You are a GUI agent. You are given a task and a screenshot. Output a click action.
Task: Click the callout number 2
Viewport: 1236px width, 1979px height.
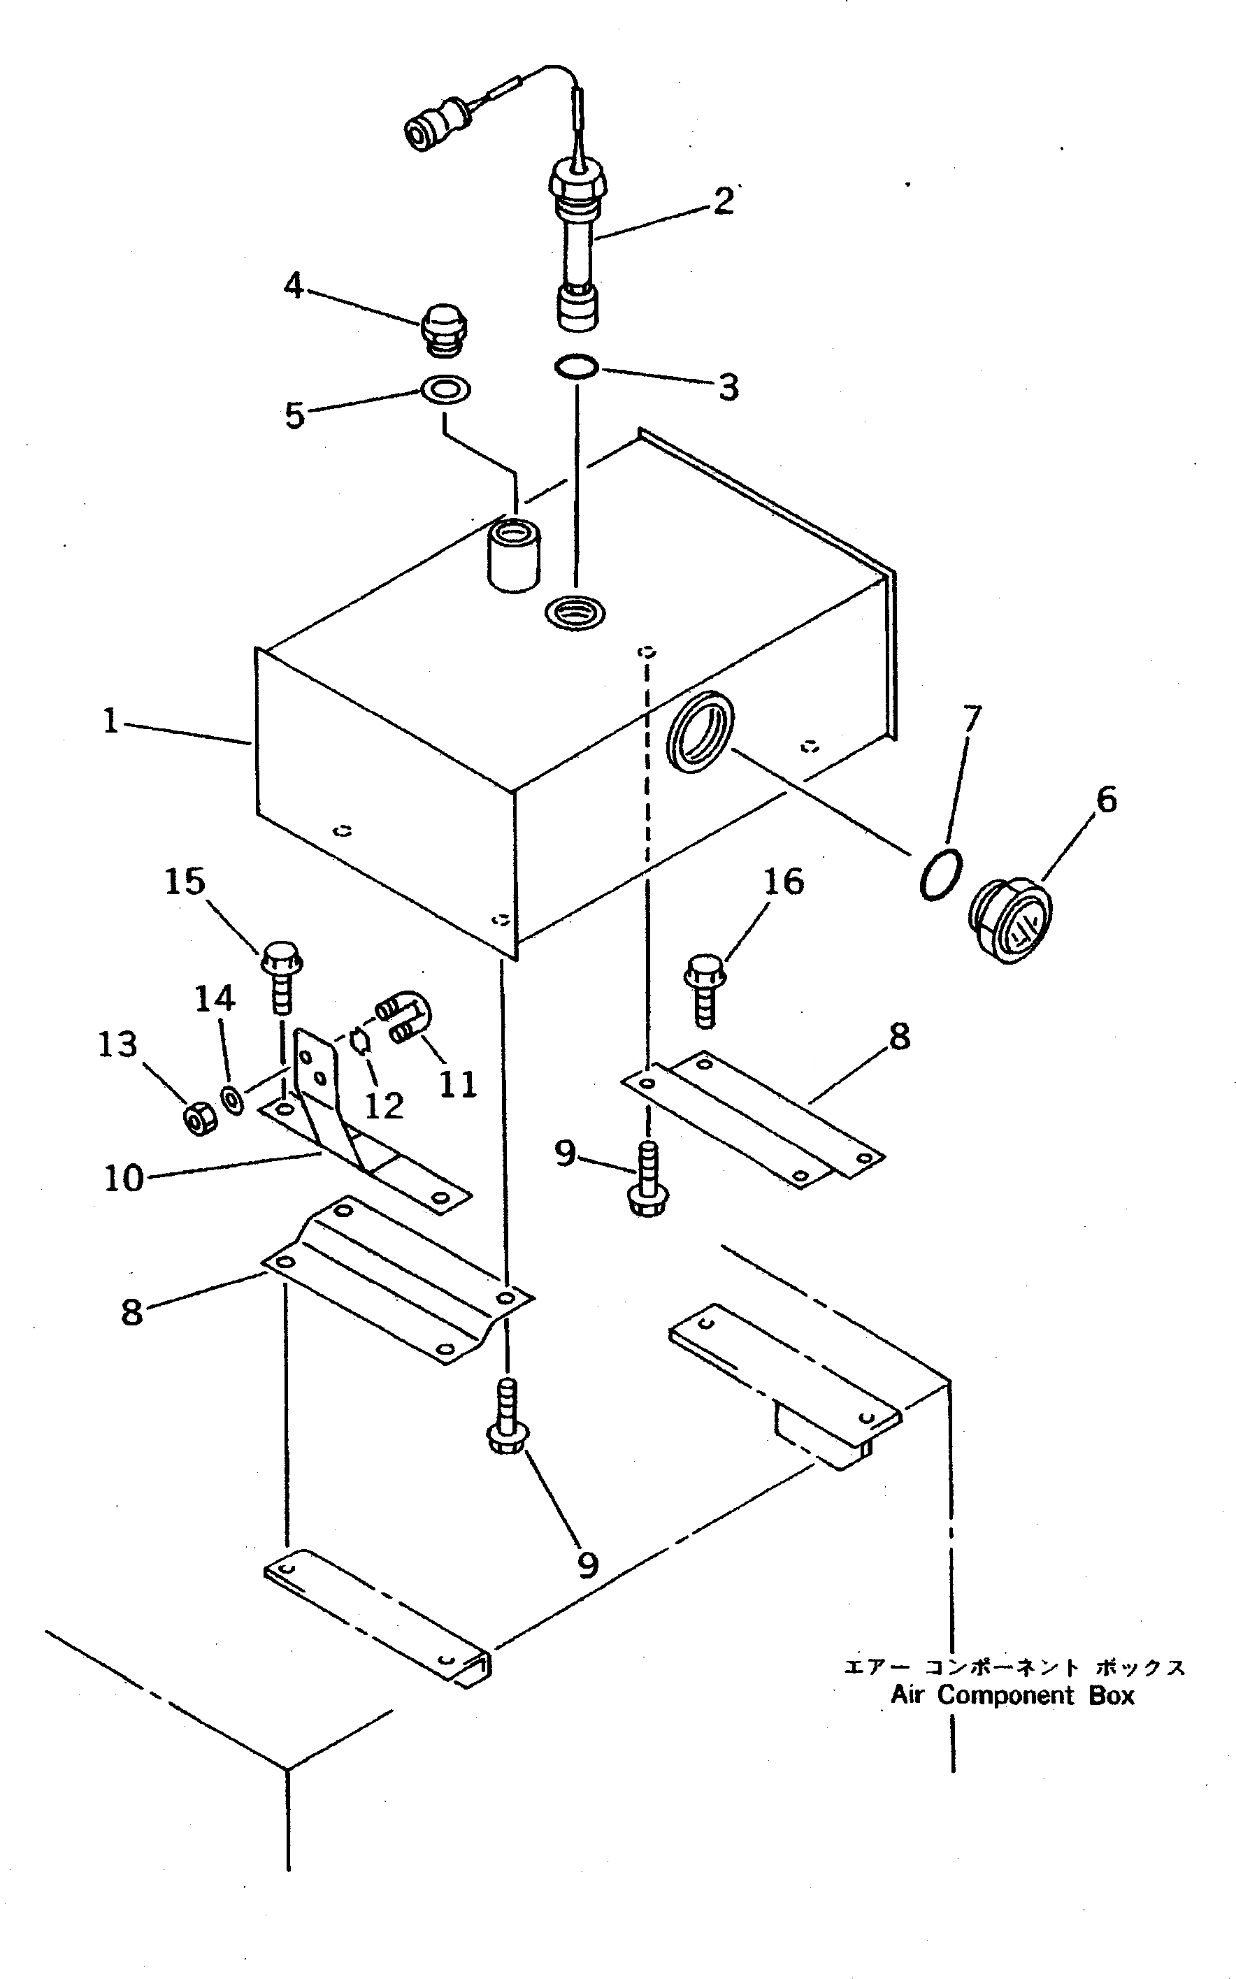point(724,202)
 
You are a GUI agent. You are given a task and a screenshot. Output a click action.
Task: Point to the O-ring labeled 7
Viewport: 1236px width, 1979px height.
point(940,875)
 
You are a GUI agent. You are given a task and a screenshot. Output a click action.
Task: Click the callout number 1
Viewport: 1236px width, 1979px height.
point(110,721)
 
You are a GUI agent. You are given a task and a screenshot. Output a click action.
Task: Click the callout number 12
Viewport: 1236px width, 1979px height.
point(383,1106)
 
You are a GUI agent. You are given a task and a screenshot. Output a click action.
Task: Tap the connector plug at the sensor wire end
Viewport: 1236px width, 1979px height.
point(433,129)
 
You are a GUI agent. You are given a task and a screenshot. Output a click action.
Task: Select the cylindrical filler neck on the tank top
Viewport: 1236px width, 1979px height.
point(513,554)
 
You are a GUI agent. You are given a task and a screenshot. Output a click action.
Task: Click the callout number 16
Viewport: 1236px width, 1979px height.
point(783,882)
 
